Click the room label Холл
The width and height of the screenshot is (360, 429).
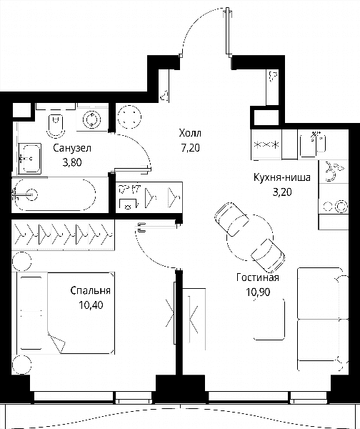click(190, 133)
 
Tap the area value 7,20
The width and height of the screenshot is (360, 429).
click(190, 148)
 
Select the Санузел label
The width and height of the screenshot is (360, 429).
click(72, 148)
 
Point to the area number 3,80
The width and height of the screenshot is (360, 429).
click(72, 162)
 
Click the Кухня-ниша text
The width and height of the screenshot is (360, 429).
click(282, 177)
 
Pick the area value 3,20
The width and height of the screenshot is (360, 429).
click(282, 192)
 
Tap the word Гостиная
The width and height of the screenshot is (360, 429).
click(258, 277)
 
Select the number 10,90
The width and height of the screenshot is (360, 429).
click(258, 292)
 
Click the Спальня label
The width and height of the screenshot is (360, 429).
click(91, 290)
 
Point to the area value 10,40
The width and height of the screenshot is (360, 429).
click(91, 305)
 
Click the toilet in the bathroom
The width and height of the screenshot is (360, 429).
click(56, 124)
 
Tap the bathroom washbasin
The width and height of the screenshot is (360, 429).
click(30, 159)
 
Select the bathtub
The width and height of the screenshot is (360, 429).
click(55, 194)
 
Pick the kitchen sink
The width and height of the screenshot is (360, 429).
click(313, 144)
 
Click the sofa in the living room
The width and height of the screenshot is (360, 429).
click(323, 320)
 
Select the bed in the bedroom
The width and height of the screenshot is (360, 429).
click(65, 312)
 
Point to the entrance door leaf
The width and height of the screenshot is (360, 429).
click(227, 31)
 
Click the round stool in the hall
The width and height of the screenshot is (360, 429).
click(129, 117)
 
